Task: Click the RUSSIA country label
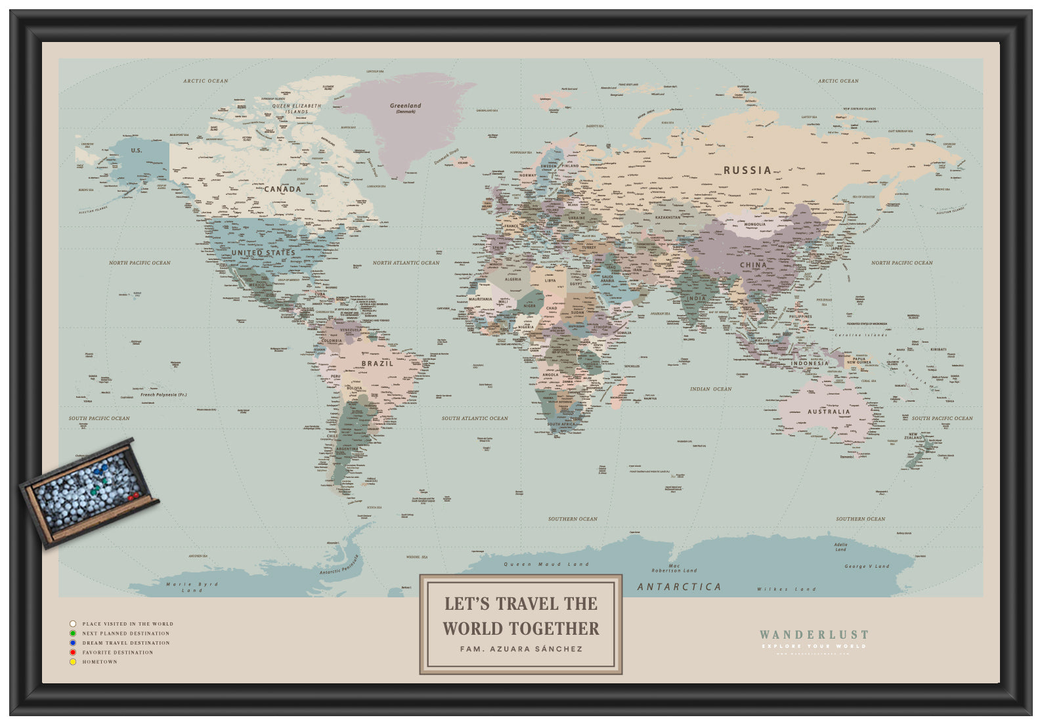[x=747, y=170]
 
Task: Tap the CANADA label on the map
[x=282, y=189]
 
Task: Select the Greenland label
[x=405, y=106]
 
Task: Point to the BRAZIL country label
[x=377, y=363]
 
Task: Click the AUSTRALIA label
[x=828, y=412]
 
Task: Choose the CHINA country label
[x=753, y=265]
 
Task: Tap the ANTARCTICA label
[x=679, y=587]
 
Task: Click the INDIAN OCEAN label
[x=710, y=389]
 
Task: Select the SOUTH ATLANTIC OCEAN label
[x=474, y=418]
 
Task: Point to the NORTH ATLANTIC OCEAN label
[x=406, y=263]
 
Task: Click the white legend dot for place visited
[x=73, y=624]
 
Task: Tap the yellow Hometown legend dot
[x=73, y=662]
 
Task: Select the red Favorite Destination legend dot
[x=73, y=652]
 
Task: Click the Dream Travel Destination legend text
[x=125, y=643]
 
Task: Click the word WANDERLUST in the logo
[x=814, y=635]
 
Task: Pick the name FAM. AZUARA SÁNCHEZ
[x=521, y=649]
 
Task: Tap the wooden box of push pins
[x=89, y=492]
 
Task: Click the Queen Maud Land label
[x=546, y=565]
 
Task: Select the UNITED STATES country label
[x=263, y=253]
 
